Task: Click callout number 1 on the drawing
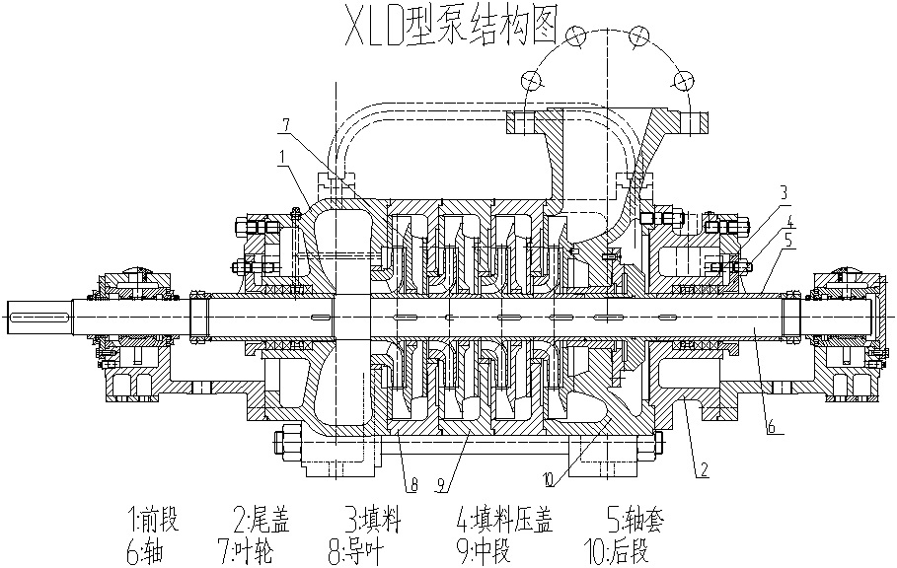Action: coord(282,155)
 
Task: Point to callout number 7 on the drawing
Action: coord(285,124)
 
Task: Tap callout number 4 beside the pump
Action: coord(790,224)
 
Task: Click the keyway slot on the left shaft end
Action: coord(39,318)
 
